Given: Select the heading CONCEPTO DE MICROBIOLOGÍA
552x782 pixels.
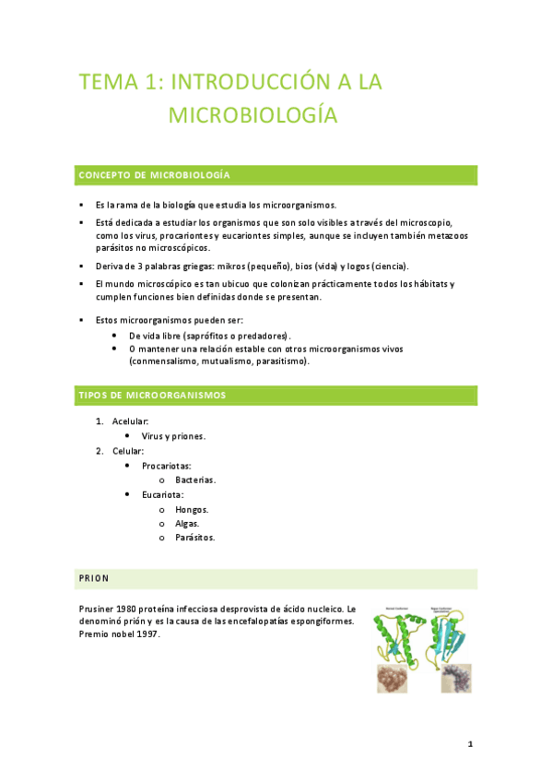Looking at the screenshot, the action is tap(154, 174).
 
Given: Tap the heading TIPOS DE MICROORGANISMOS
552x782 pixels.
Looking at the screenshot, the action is tap(152, 395).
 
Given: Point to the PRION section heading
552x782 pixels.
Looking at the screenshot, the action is tap(94, 578).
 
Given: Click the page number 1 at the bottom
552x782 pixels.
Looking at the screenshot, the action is tap(470, 743).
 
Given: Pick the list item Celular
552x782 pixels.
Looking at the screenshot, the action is tap(128, 451).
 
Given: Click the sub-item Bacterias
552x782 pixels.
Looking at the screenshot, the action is tap(195, 480).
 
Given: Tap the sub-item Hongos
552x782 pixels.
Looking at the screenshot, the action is tap(192, 509).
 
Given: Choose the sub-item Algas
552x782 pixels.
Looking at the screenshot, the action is tap(187, 523).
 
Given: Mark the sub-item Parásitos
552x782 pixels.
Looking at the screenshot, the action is tap(195, 538).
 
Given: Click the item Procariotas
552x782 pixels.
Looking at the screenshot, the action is tap(167, 466).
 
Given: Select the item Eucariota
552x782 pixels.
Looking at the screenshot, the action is tap(163, 495).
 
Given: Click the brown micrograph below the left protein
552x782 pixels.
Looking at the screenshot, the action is tap(394, 680).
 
